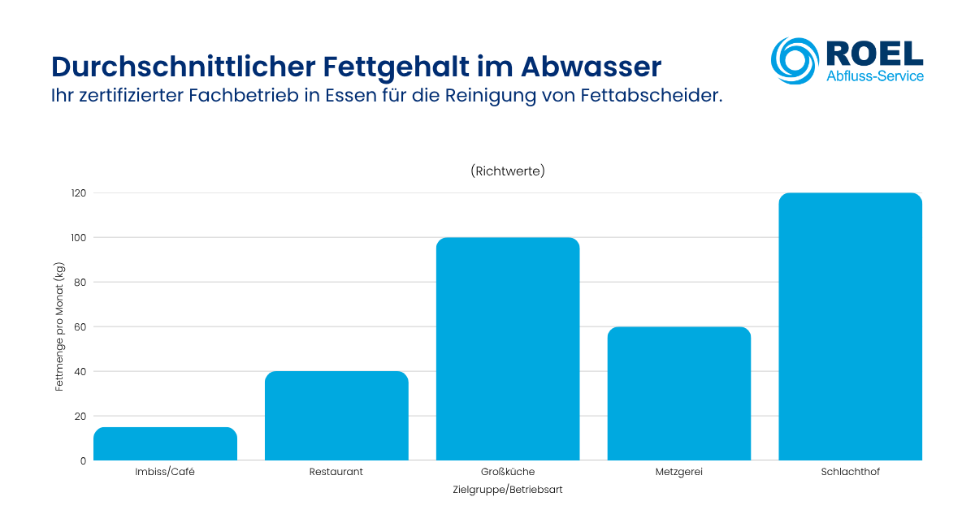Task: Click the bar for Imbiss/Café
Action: click(165, 444)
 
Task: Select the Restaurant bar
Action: click(336, 416)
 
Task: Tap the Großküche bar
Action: click(508, 349)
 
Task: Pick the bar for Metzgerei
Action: click(679, 394)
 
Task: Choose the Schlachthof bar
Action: click(850, 326)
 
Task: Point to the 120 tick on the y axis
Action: click(78, 193)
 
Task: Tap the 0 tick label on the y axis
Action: click(83, 460)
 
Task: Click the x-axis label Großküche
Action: click(508, 472)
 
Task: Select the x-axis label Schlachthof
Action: click(850, 472)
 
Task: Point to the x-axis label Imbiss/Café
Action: click(165, 472)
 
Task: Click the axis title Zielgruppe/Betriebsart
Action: click(508, 491)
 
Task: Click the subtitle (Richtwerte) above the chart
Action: click(508, 171)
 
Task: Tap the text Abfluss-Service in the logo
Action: click(874, 76)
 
